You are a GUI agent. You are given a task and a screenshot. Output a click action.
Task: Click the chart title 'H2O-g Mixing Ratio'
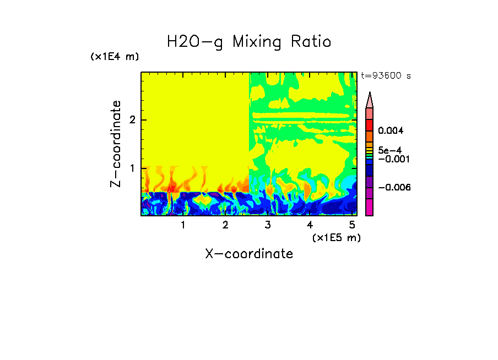[249, 42]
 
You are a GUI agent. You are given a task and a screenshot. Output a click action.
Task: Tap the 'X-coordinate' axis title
[249, 254]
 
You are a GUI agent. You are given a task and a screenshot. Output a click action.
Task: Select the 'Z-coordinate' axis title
[116, 144]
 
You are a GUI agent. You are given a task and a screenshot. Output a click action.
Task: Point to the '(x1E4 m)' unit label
[115, 57]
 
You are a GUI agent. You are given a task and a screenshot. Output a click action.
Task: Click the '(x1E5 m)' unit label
[336, 237]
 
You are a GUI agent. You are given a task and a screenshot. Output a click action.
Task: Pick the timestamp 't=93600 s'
[386, 76]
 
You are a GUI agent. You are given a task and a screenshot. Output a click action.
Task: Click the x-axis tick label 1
[183, 225]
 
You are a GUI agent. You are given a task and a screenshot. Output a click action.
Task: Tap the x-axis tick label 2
[225, 225]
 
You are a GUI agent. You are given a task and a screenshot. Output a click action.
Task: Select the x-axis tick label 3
[268, 225]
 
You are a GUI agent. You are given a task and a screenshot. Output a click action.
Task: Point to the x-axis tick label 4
[310, 225]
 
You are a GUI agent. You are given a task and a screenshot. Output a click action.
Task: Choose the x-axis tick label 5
[352, 225]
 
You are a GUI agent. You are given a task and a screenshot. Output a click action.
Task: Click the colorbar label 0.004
[391, 131]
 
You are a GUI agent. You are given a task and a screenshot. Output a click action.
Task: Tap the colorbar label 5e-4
[390, 150]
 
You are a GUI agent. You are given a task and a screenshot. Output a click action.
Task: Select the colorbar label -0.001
[393, 159]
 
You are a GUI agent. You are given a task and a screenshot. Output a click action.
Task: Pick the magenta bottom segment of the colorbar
[370, 207]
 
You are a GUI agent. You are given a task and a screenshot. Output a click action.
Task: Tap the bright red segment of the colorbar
[370, 125]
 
